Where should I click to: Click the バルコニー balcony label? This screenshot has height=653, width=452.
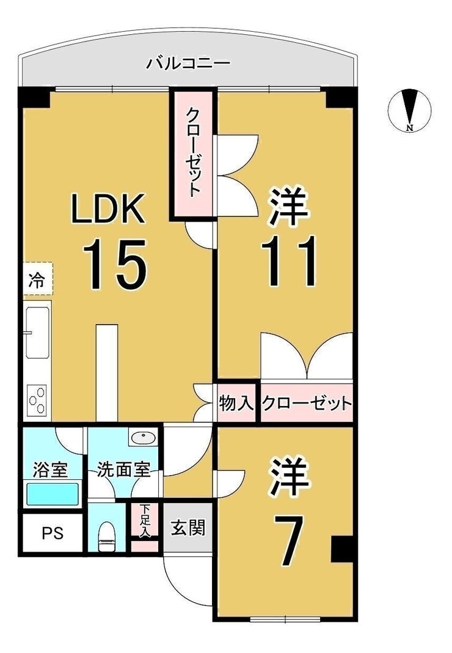coord(189,64)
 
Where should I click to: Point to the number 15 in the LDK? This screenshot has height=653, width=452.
coord(115,264)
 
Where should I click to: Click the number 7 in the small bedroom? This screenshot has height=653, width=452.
coord(287,540)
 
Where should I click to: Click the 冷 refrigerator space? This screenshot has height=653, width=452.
coord(37,279)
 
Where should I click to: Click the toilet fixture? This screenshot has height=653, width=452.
coord(107,537)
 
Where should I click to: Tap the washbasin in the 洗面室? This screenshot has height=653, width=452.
coord(143,438)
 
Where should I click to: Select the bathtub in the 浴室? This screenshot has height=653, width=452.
coord(53,494)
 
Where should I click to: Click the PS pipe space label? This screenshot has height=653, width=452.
coord(53,533)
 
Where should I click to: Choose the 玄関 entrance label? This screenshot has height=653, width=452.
coord(188,528)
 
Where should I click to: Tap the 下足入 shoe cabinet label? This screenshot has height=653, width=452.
coord(144,520)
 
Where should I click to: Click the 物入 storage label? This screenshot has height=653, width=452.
coord(236,403)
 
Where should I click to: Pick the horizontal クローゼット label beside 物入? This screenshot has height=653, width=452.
coord(307,403)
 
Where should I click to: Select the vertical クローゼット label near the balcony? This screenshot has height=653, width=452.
coord(192,152)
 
